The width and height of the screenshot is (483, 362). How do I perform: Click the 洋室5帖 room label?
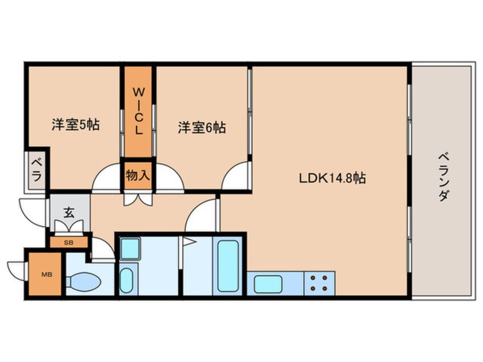point(75,126)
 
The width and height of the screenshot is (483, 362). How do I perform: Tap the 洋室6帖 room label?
point(201,127)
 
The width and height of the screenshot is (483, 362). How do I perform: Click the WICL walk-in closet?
point(138,111)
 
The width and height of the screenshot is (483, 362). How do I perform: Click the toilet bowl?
point(84,282)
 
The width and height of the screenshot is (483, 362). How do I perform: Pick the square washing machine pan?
point(130,249)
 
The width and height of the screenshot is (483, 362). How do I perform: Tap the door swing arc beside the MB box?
point(16,268)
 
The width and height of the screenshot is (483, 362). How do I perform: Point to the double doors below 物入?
point(138,198)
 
